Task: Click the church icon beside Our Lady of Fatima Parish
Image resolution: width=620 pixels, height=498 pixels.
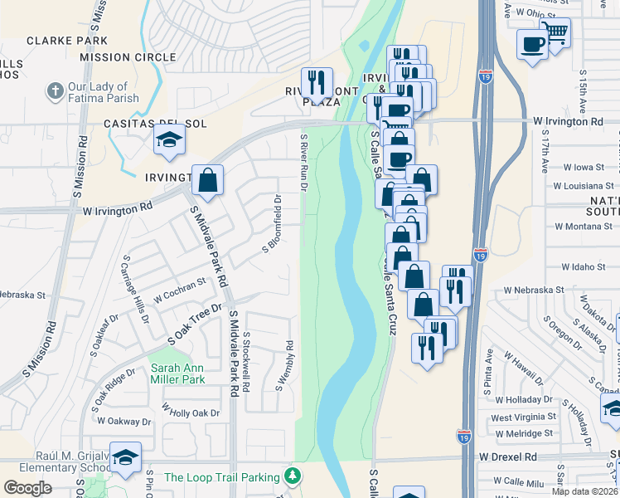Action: click(x=56, y=90)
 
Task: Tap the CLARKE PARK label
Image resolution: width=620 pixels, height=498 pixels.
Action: click(x=67, y=40)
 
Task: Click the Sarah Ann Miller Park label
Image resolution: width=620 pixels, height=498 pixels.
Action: click(x=177, y=373)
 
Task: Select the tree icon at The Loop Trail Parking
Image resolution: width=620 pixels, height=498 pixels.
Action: click(x=291, y=476)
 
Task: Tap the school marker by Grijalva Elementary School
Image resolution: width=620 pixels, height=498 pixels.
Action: click(x=125, y=457)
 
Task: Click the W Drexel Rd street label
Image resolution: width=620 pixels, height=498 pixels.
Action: click(x=507, y=457)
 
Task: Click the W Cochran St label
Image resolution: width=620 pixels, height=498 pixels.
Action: click(x=179, y=291)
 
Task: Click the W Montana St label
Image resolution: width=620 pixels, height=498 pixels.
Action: click(x=584, y=227)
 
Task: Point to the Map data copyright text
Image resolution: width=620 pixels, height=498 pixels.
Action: click(x=585, y=491)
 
